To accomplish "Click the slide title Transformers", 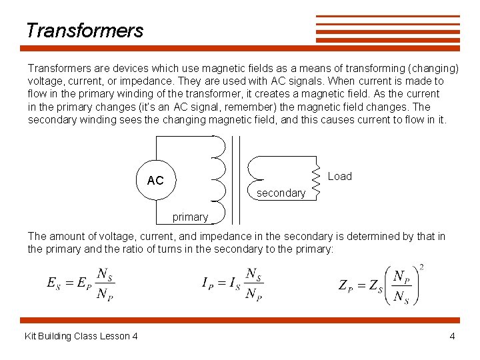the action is (85, 31).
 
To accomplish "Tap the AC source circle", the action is (155, 179).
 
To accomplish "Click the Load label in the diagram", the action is (339, 176).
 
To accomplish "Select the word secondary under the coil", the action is (281, 193).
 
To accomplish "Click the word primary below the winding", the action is (190, 217).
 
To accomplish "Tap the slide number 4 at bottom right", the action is (452, 336).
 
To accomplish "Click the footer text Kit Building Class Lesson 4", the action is (81, 336).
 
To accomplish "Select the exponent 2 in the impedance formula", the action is (421, 267).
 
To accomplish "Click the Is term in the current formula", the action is (235, 283).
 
